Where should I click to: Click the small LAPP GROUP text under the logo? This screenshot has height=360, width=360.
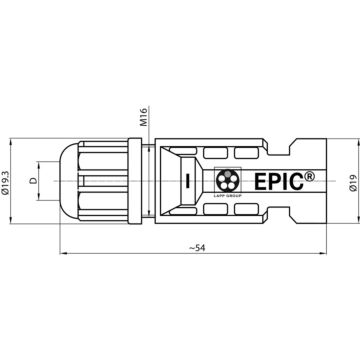click(230, 201)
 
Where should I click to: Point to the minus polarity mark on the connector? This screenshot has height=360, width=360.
click(187, 183)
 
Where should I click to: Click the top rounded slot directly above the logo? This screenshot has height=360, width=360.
click(229, 154)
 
